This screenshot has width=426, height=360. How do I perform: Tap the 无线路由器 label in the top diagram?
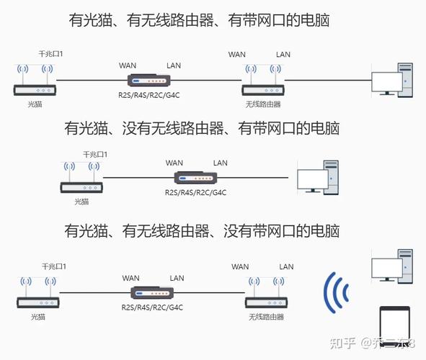click(262, 104)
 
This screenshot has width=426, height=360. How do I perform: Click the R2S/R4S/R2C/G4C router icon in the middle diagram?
click(195, 178)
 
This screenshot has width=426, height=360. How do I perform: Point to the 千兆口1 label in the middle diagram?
click(95, 154)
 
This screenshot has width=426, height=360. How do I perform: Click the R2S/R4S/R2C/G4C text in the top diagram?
click(149, 94)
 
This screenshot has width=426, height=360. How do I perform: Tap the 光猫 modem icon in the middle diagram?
click(81, 179)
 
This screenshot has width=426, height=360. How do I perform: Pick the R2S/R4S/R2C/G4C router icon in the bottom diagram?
click(152, 293)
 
